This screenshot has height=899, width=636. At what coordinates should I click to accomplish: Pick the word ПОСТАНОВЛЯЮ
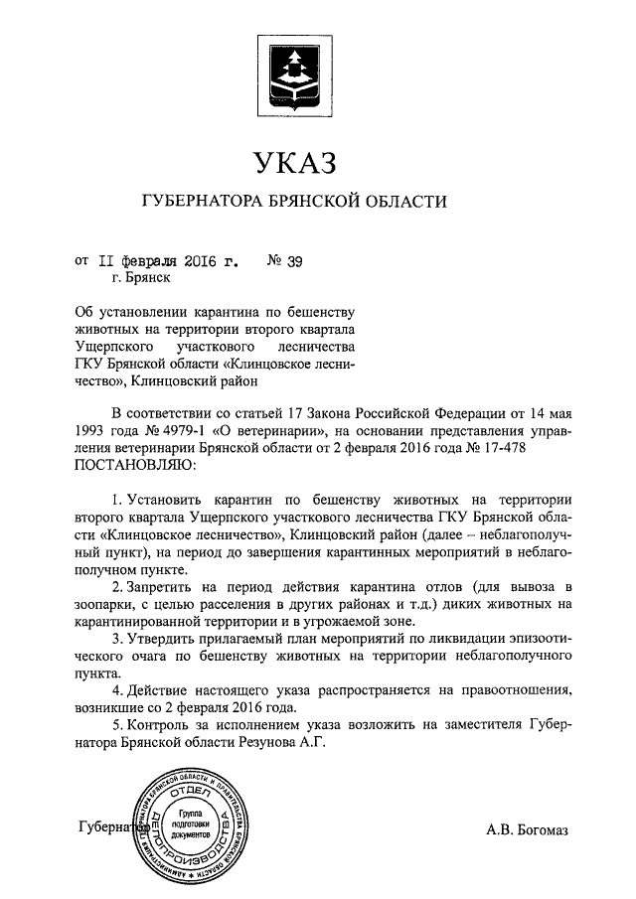[x=129, y=465]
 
